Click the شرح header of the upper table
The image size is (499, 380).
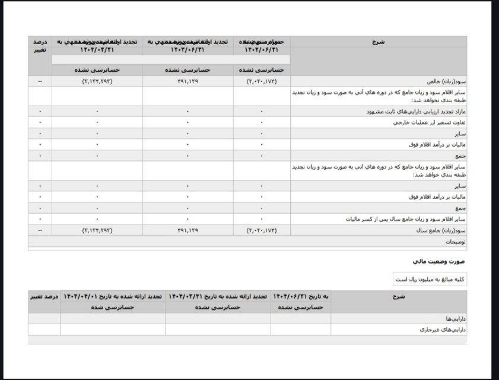tap(379, 42)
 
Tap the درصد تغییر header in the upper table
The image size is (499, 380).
tap(40, 46)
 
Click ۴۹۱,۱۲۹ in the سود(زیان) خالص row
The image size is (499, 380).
tap(187, 81)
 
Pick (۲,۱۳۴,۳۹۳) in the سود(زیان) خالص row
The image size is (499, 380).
tap(97, 81)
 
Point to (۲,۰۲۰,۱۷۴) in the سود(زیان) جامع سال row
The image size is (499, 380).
tap(262, 230)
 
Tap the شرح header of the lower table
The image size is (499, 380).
tap(398, 296)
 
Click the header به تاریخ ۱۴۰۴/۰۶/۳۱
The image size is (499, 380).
tap(300, 296)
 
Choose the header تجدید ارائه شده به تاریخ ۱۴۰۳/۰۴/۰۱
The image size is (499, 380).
tap(112, 296)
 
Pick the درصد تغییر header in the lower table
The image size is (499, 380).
tap(44, 296)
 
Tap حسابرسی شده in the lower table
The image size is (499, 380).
tap(113, 307)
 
